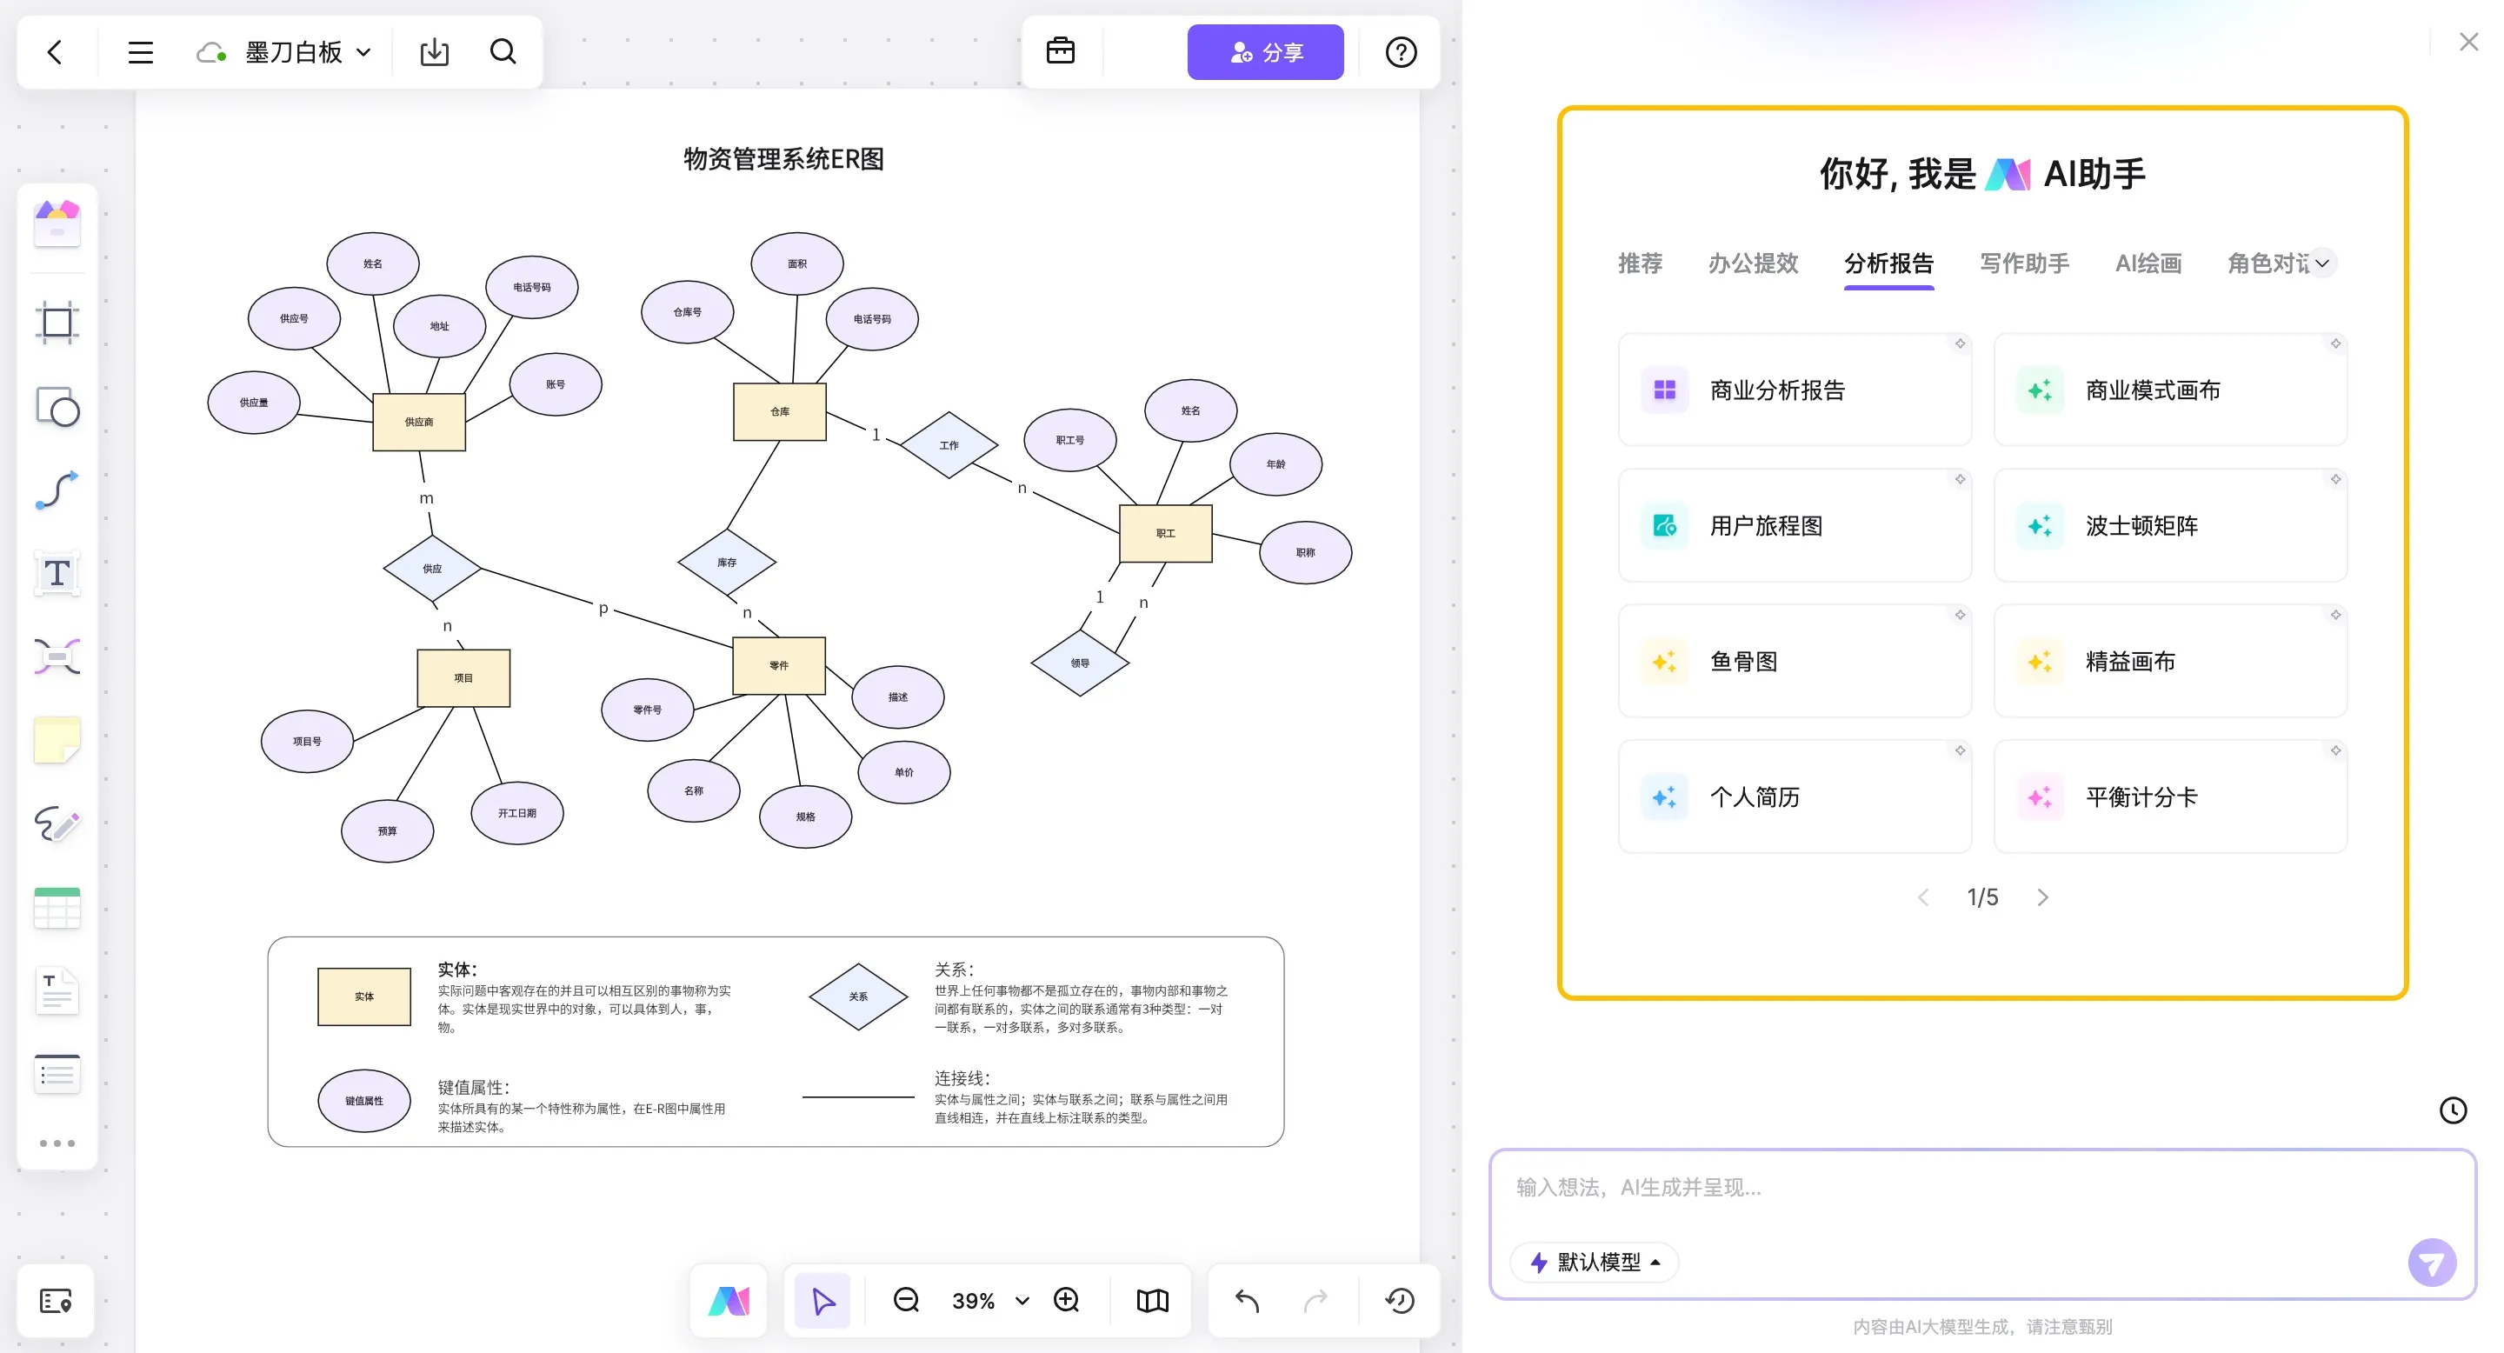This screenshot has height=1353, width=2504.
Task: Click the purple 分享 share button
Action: point(1265,52)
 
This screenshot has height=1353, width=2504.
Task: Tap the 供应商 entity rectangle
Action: point(419,422)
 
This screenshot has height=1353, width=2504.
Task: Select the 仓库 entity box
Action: point(780,411)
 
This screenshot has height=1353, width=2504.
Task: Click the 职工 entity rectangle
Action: point(1165,533)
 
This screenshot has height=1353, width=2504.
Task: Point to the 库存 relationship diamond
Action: point(726,562)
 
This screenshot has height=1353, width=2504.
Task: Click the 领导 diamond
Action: point(1079,663)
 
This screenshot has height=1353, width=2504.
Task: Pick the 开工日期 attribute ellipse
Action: point(517,812)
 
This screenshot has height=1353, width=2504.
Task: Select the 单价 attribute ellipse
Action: point(904,772)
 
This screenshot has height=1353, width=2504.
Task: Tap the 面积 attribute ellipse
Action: point(797,263)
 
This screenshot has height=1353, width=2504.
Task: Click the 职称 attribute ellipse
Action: point(1304,552)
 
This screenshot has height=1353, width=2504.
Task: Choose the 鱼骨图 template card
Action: point(1794,661)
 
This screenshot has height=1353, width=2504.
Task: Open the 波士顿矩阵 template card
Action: point(2168,526)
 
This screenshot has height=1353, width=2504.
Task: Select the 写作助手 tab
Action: point(2024,263)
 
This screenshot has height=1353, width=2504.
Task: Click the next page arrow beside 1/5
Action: point(2042,897)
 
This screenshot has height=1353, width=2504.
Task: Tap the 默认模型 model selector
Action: point(1595,1262)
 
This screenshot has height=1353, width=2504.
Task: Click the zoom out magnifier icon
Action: point(906,1300)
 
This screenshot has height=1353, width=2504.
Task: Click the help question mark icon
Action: point(1400,52)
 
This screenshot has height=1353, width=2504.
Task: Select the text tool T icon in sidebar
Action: point(57,574)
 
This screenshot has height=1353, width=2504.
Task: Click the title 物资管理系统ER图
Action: point(783,159)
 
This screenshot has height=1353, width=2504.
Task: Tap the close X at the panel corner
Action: point(2468,42)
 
